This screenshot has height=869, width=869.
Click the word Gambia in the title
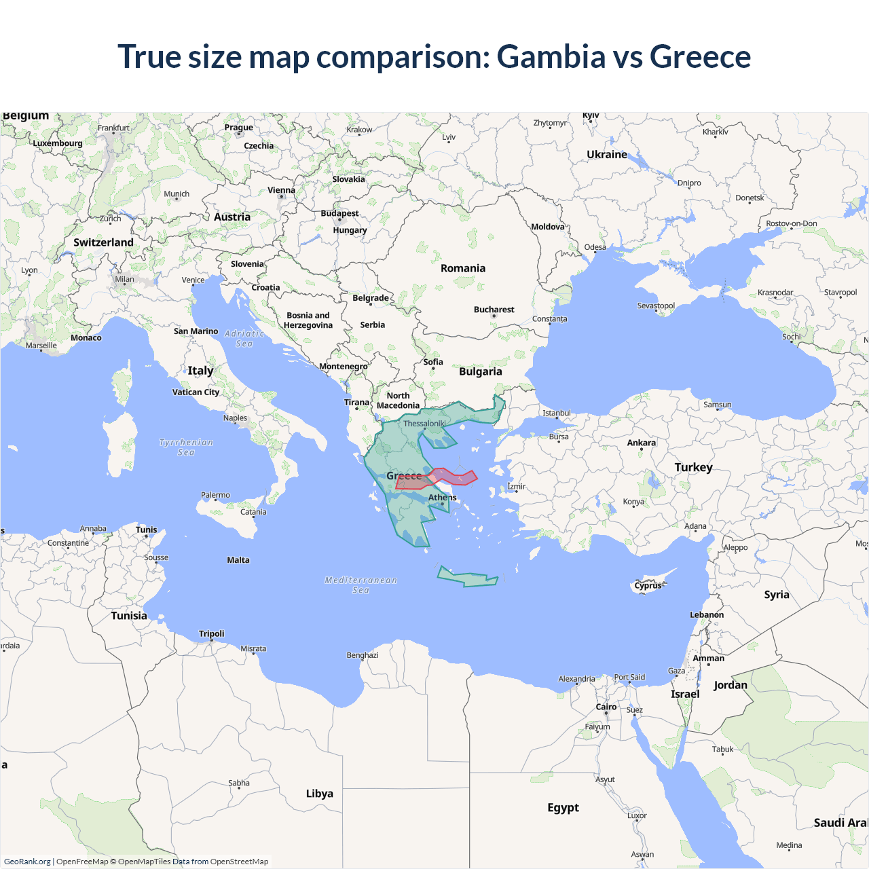coord(551,56)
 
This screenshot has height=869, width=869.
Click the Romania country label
coord(463,268)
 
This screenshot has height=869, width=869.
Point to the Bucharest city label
coord(494,310)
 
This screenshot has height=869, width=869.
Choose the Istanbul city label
coord(557,413)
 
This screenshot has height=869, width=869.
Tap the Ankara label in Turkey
coord(642,443)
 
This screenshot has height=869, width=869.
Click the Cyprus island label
coord(648,585)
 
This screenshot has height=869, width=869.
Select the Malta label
coord(238,560)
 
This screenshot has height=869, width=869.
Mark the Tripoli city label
coord(211,633)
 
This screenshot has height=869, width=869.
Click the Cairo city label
coord(606,707)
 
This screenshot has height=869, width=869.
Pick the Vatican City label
coord(196,392)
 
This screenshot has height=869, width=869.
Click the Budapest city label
coord(339,213)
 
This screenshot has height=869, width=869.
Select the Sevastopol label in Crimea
coord(656,306)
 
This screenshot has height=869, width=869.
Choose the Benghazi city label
coord(363,655)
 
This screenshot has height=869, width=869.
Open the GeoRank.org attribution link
coord(27,862)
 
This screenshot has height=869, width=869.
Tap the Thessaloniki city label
coord(424,424)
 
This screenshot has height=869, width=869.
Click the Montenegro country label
coord(344,367)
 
